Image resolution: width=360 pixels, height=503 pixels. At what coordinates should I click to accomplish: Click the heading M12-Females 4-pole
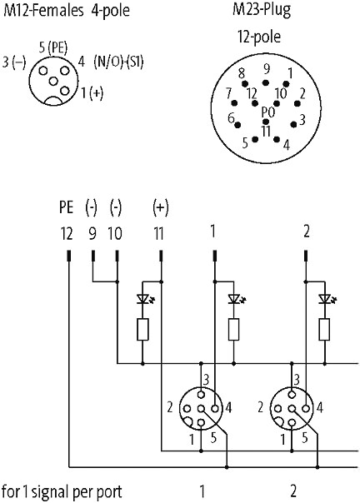click(67, 10)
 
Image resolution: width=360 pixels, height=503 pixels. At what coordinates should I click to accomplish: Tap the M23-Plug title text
click(262, 10)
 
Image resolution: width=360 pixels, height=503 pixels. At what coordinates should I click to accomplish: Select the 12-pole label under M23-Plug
click(259, 37)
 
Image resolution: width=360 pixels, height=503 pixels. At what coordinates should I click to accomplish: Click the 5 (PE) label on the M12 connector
click(53, 48)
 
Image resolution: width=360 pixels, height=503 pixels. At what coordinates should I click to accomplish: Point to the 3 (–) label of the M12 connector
click(14, 62)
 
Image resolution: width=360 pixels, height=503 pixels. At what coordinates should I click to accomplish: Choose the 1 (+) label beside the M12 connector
click(92, 92)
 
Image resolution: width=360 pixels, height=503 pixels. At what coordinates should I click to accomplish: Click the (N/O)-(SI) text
click(118, 61)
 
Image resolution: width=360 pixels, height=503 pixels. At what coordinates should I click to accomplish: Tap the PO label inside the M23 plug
click(267, 112)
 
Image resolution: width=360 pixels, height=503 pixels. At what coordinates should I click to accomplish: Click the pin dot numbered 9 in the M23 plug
click(265, 83)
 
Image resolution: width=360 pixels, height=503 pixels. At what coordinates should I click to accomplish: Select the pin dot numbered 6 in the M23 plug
click(238, 124)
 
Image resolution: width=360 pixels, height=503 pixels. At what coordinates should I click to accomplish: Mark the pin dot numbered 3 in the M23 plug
click(293, 124)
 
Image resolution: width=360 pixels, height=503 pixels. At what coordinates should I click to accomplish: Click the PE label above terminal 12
click(66, 207)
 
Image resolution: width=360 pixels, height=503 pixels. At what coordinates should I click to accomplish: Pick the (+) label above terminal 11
click(160, 207)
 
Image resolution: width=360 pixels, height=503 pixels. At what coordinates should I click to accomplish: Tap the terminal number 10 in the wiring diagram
click(115, 233)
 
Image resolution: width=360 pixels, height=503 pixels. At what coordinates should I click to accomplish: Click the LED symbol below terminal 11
click(143, 299)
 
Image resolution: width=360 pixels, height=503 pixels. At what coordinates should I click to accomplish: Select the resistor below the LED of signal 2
click(324, 330)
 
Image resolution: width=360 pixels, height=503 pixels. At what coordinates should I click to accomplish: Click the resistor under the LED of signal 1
click(233, 330)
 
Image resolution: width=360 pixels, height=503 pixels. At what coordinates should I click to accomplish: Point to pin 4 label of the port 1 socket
click(228, 408)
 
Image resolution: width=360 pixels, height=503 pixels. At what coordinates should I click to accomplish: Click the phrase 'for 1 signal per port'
click(62, 491)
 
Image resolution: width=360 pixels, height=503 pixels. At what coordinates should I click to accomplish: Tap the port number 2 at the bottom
click(293, 491)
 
